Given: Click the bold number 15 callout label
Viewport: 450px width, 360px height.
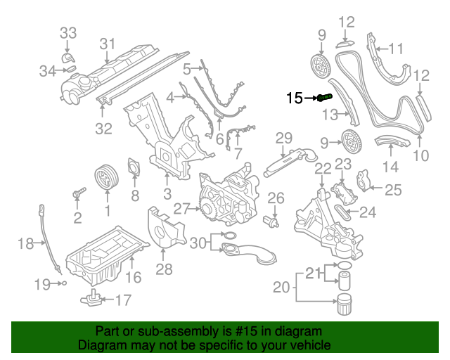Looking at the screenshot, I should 294,98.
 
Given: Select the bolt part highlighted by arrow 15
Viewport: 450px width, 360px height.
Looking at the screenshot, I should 324,98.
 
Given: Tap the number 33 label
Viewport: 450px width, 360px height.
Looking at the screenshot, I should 67,33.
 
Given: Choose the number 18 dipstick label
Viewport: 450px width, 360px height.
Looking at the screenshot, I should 25,244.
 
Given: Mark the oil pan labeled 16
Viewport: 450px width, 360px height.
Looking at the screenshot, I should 105,253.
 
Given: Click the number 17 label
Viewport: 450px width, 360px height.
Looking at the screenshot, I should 122,301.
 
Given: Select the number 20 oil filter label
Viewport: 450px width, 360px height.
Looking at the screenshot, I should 281,287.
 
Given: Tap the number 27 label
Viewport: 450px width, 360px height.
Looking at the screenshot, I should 181,208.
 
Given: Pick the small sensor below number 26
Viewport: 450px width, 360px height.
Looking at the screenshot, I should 271,221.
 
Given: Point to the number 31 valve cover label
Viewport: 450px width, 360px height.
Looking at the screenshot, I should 106,44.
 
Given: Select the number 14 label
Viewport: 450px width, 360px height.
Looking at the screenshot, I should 390,167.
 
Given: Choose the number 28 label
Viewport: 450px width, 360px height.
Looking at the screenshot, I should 164,270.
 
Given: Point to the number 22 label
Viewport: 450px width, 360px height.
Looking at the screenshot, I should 323,169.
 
